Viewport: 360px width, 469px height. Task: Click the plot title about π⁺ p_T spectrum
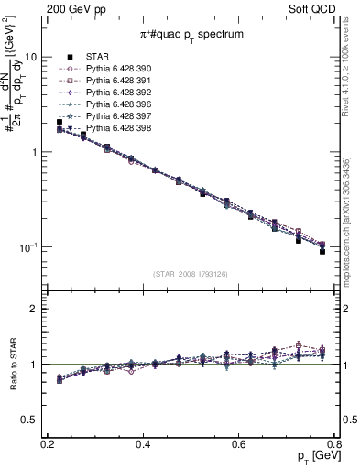point(190,33)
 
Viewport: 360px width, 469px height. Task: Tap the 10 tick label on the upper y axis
point(30,56)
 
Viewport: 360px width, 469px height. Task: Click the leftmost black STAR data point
point(60,122)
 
